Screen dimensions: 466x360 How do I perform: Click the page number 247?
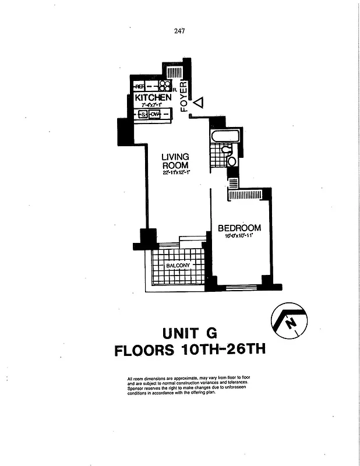pos(179,31)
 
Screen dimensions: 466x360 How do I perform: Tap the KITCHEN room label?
pos(153,98)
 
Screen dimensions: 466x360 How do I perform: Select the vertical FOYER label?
pos(184,96)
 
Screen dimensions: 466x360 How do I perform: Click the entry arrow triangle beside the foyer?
pos(198,103)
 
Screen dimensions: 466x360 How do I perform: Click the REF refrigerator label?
pos(140,87)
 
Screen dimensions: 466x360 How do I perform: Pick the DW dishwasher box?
pos(155,114)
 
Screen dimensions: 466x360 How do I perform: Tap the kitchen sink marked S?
pos(143,114)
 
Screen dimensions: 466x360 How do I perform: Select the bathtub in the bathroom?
pos(223,137)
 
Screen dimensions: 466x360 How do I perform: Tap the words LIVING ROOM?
pos(175,161)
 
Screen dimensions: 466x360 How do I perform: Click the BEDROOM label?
pos(239,228)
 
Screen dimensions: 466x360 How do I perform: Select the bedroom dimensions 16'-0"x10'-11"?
pos(239,236)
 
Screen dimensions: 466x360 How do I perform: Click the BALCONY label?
pos(178,266)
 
